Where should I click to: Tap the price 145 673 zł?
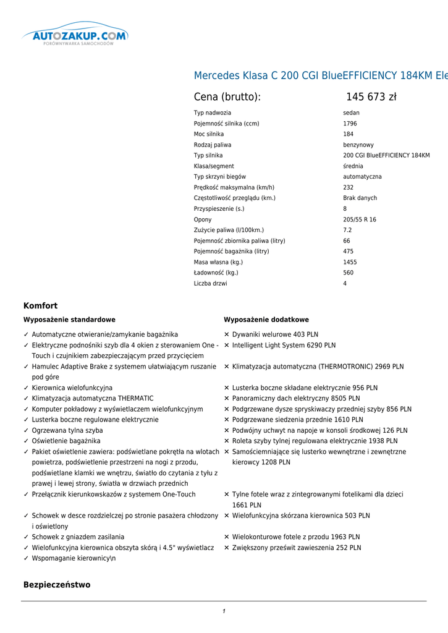click(x=371, y=97)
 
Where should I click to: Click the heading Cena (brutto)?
click(x=227, y=97)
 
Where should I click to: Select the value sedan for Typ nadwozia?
click(x=351, y=113)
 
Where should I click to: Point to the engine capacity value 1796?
click(x=350, y=124)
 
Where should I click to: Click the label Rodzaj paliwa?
click(x=213, y=145)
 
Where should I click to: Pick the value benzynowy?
click(x=358, y=145)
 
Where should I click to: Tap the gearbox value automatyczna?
click(x=362, y=177)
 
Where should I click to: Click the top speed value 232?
click(x=349, y=187)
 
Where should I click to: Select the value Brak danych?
click(x=360, y=198)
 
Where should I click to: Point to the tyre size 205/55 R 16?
click(x=360, y=219)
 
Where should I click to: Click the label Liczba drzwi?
click(x=210, y=284)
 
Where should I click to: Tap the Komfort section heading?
click(x=40, y=306)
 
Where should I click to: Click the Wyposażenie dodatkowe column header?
click(x=266, y=320)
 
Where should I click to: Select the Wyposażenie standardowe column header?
click(x=69, y=320)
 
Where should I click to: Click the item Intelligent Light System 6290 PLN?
click(x=284, y=346)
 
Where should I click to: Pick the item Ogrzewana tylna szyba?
click(x=67, y=430)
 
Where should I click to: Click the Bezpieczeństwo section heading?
click(x=57, y=585)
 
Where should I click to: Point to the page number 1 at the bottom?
click(x=224, y=611)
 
